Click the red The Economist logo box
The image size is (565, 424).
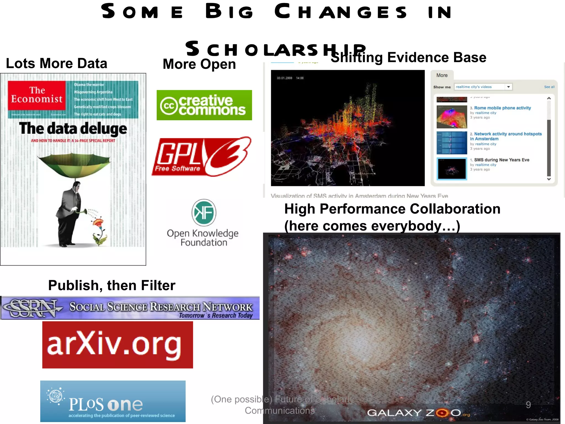pos(37,95)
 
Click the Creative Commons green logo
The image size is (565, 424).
pos(204,105)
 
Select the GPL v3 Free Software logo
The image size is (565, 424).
pos(202,157)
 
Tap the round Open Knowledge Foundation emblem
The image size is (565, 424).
pos(204,213)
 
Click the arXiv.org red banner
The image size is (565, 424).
pos(118,345)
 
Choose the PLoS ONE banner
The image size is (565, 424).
pos(113,401)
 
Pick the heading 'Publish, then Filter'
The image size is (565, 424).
pos(112,285)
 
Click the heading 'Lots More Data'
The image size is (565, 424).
pos(57,63)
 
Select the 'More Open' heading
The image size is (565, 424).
pos(199,64)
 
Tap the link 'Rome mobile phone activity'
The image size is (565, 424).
pos(502,108)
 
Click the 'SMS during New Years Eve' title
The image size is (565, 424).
pos(502,160)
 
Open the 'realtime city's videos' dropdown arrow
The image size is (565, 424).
pos(508,87)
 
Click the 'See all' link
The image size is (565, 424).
pos(549,87)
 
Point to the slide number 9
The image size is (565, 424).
pos(528,405)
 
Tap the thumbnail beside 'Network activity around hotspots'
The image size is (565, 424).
pos(452,143)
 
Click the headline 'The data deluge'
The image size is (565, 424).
pos(73,129)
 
